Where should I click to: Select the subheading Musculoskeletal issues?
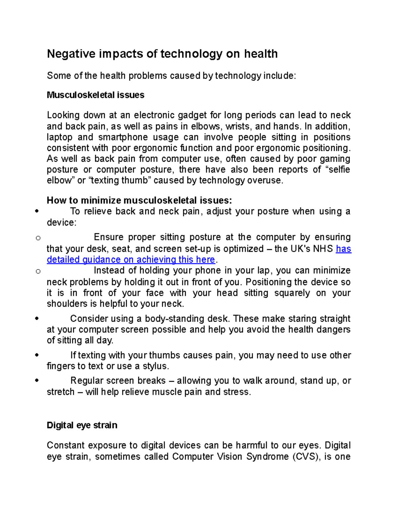point(96,95)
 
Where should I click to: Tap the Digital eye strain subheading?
point(82,425)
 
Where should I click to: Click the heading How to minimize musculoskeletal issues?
point(139,200)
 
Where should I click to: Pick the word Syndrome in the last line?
point(267,457)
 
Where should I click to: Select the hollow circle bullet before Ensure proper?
point(38,238)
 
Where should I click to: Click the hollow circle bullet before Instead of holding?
point(38,271)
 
